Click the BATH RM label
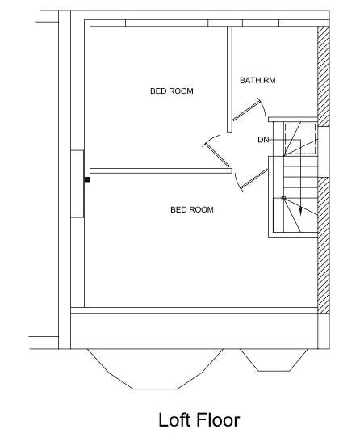pyautogui.click(x=257, y=80)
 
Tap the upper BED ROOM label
pyautogui.click(x=172, y=91)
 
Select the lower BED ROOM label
pyautogui.click(x=192, y=210)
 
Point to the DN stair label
pyautogui.click(x=263, y=140)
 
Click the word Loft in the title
pyautogui.click(x=174, y=420)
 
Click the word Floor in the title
pyautogui.click(x=218, y=420)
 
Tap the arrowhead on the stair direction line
pyautogui.click(x=300, y=212)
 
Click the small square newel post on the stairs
pyautogui.click(x=283, y=199)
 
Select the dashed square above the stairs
pyautogui.click(x=299, y=139)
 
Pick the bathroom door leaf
pyautogui.click(x=245, y=112)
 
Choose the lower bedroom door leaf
pyautogui.click(x=254, y=179)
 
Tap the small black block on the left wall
pyautogui.click(x=87, y=179)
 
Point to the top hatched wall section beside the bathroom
pyautogui.click(x=324, y=76)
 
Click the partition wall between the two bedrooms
pyautogui.click(x=161, y=170)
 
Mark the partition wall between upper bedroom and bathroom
pyautogui.click(x=229, y=79)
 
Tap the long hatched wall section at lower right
pyautogui.click(x=324, y=246)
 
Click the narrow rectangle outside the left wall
pyautogui.click(x=77, y=183)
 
